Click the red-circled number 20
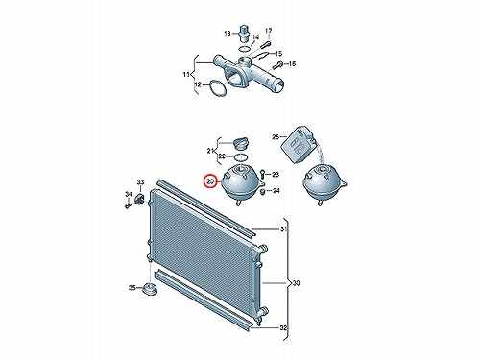click(x=210, y=181)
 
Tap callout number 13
click(x=228, y=34)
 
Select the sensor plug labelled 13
click(x=244, y=34)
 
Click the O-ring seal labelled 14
click(x=244, y=49)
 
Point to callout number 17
click(x=269, y=31)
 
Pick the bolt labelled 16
click(x=277, y=65)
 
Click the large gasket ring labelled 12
click(x=218, y=88)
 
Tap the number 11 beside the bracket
click(x=186, y=75)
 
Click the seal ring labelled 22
click(x=241, y=157)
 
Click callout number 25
click(x=276, y=137)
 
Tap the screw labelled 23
click(x=262, y=174)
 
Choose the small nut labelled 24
click(x=263, y=191)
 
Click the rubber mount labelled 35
click(x=150, y=289)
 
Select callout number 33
click(x=140, y=182)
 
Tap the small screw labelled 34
click(x=128, y=205)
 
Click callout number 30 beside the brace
click(x=297, y=283)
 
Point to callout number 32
click(x=283, y=328)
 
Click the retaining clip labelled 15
click(x=263, y=55)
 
